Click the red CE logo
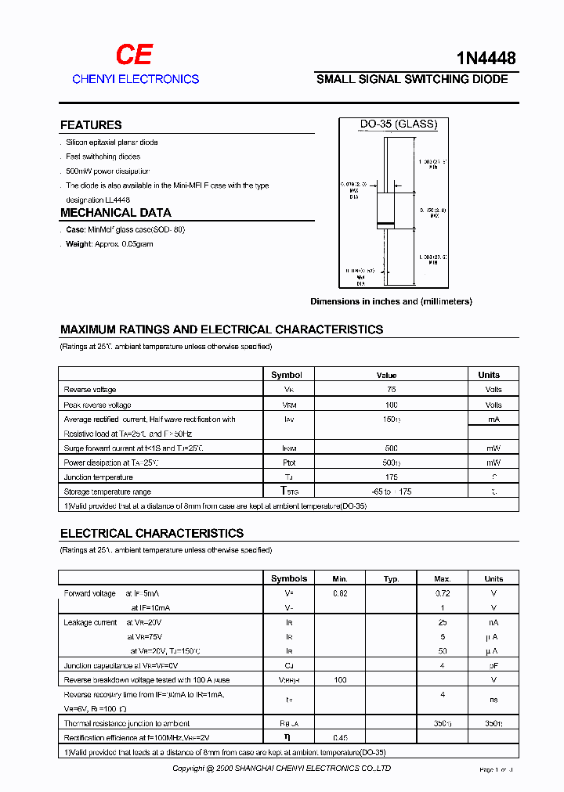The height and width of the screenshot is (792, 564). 134,54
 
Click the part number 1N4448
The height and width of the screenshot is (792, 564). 486,57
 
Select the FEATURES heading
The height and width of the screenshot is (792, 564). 91,125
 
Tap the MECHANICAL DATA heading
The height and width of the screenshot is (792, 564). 115,213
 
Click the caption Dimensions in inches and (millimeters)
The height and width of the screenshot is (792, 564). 391,301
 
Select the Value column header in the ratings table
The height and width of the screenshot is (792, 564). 386,375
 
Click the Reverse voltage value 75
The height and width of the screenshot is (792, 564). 391,390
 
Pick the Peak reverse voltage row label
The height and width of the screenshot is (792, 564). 97,405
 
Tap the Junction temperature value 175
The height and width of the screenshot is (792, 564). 391,477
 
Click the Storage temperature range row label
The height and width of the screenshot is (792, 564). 107,491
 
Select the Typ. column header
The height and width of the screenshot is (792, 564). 391,579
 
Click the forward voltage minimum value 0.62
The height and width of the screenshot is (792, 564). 340,593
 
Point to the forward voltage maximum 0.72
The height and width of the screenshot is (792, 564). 443,593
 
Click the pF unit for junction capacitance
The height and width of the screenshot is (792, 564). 493,665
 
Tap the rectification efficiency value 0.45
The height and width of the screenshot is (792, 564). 340,737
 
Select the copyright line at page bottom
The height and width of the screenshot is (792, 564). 281,769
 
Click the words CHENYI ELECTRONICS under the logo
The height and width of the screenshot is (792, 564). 136,79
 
